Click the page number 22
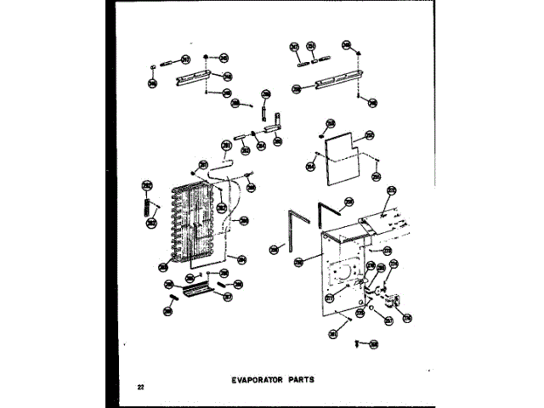pos(139,388)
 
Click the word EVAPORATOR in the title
pos(261,380)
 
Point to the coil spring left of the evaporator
pos(147,207)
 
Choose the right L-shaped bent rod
pos(327,212)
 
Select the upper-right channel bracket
pos(329,82)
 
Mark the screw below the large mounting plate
pos(360,342)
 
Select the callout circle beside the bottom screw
pos(374,344)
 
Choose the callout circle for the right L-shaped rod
pos(348,202)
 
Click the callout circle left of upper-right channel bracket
pos(296,88)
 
